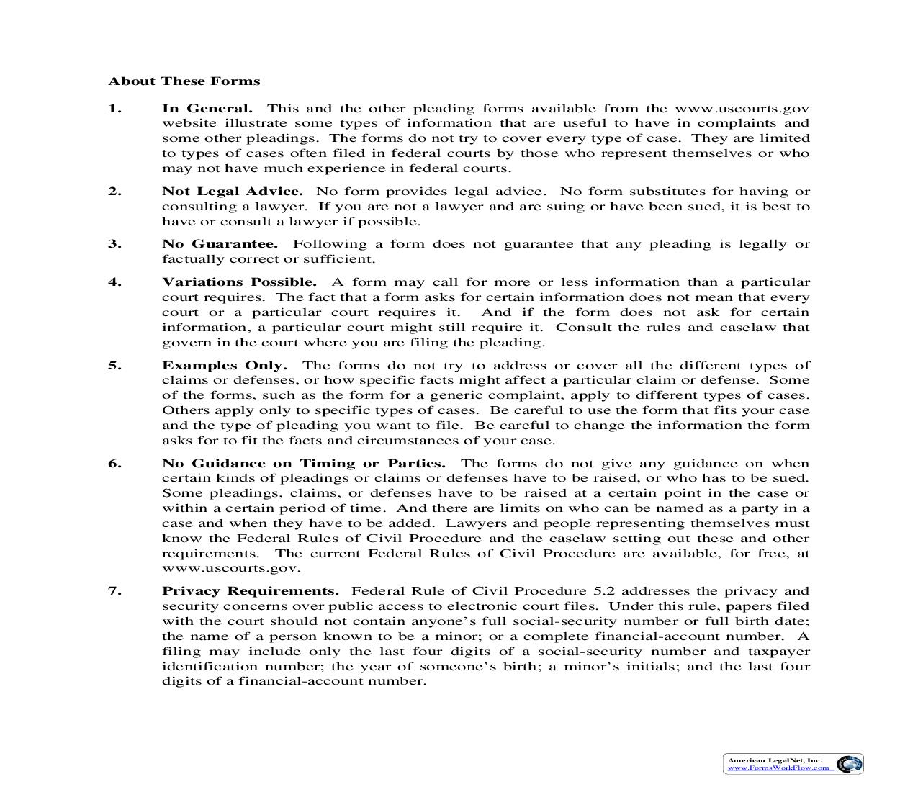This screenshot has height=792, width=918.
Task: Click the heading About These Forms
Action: (184, 81)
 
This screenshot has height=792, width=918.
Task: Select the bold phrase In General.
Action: (207, 109)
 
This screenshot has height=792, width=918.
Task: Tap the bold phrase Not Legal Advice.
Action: (232, 192)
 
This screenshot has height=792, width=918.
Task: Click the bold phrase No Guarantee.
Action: (220, 244)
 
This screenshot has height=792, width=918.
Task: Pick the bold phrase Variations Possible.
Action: (239, 282)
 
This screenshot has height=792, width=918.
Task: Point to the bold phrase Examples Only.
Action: (224, 366)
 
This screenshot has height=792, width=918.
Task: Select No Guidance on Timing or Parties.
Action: (303, 464)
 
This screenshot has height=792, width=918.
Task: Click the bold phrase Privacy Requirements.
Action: (250, 591)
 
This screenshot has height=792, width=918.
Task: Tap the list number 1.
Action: (114, 109)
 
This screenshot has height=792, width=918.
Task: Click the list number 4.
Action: (114, 282)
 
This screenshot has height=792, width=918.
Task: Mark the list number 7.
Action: (114, 591)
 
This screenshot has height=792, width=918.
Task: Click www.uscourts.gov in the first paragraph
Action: (742, 109)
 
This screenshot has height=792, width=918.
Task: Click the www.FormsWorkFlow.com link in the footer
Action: (778, 768)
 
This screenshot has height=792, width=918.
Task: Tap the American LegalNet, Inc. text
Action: (774, 760)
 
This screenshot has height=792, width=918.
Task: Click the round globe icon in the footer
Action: (850, 764)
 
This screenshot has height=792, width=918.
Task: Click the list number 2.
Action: (114, 192)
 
